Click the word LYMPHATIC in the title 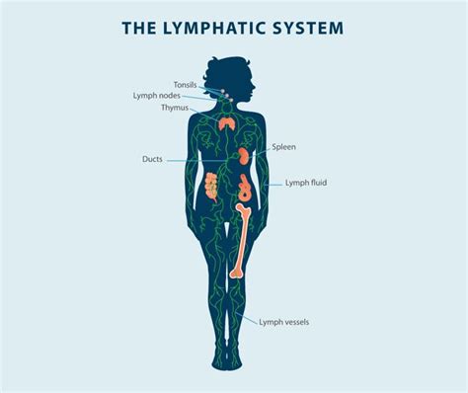click(217, 28)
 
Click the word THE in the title click(139, 28)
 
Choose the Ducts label click(152, 158)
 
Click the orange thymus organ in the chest click(227, 124)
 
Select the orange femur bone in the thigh click(240, 237)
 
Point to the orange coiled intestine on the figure click(210, 185)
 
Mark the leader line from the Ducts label click(193, 159)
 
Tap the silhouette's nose click(255, 80)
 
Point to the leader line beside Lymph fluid click(273, 183)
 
